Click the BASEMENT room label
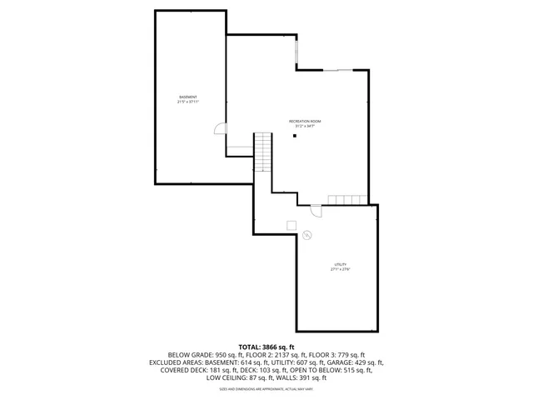coord(188,97)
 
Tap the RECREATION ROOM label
coord(305,121)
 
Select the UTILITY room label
coord(340,264)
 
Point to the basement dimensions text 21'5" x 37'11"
coord(188,102)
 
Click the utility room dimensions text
coord(340,269)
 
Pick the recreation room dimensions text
coord(305,126)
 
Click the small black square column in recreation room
coord(294,136)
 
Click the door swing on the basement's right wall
coord(219,128)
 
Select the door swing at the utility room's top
coord(316,210)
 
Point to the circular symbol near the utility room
coord(306,235)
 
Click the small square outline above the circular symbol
coord(291,225)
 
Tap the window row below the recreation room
coord(346,199)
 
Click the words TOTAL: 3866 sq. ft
coord(266,347)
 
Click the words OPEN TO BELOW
coord(311,370)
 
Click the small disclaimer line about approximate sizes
coord(266,388)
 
